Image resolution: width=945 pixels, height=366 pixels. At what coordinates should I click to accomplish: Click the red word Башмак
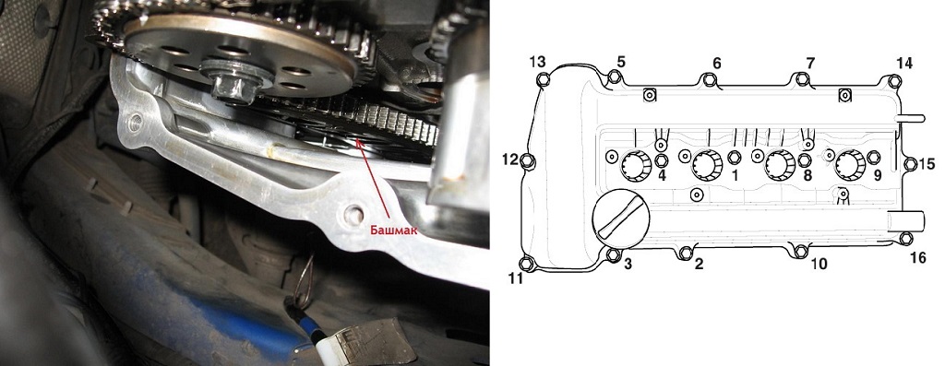tap(393, 230)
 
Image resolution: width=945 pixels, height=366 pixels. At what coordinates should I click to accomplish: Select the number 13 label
tap(538, 62)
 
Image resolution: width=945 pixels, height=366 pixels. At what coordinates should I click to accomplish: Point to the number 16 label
tap(918, 257)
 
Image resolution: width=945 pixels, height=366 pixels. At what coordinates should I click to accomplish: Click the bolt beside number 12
tap(528, 161)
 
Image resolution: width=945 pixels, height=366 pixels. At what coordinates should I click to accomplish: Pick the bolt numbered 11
tap(528, 264)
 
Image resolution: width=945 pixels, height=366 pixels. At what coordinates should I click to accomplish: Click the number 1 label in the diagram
tap(735, 176)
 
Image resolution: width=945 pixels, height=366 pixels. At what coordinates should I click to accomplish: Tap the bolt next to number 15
tap(911, 164)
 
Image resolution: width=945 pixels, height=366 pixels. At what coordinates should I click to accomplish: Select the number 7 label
tap(810, 63)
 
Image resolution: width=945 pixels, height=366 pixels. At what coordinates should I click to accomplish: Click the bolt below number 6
tap(709, 80)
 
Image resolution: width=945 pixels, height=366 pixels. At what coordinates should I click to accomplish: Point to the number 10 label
tap(819, 264)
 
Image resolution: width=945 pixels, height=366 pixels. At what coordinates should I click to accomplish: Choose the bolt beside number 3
tap(613, 255)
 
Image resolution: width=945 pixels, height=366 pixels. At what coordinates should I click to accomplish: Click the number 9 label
tap(878, 176)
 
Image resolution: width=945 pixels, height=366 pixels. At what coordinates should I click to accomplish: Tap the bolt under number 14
tap(895, 81)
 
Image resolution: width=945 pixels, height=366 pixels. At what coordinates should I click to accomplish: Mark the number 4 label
tap(662, 176)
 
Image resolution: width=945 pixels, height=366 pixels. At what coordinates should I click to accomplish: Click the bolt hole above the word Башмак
tap(353, 212)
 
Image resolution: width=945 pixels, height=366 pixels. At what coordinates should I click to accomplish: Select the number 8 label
tap(807, 176)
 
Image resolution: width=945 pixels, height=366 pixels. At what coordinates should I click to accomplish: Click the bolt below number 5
tap(614, 77)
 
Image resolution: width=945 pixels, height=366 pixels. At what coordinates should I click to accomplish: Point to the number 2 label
tap(699, 264)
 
